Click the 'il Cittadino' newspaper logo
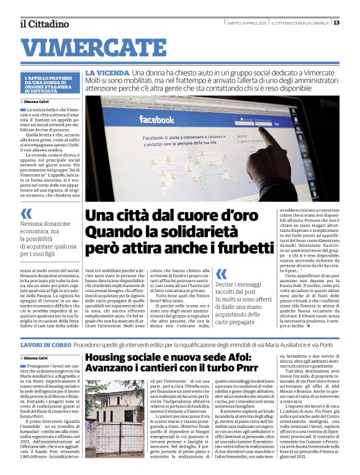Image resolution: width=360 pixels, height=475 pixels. coord(44,24)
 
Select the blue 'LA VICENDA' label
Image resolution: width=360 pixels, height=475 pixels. coord(107,73)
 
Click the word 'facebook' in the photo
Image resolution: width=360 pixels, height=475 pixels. coord(156,119)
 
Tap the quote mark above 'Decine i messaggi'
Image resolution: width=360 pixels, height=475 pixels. coord(222,273)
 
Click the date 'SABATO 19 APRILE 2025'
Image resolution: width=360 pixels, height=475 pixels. coord(247,23)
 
